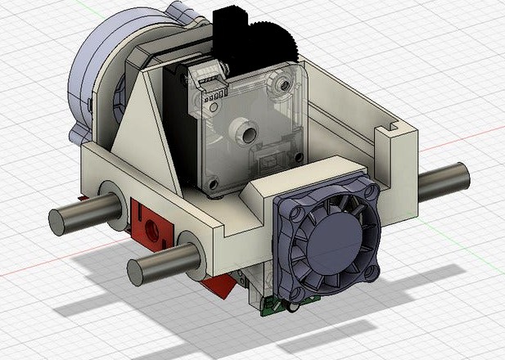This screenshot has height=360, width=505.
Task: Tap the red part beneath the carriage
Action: point(219,285)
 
